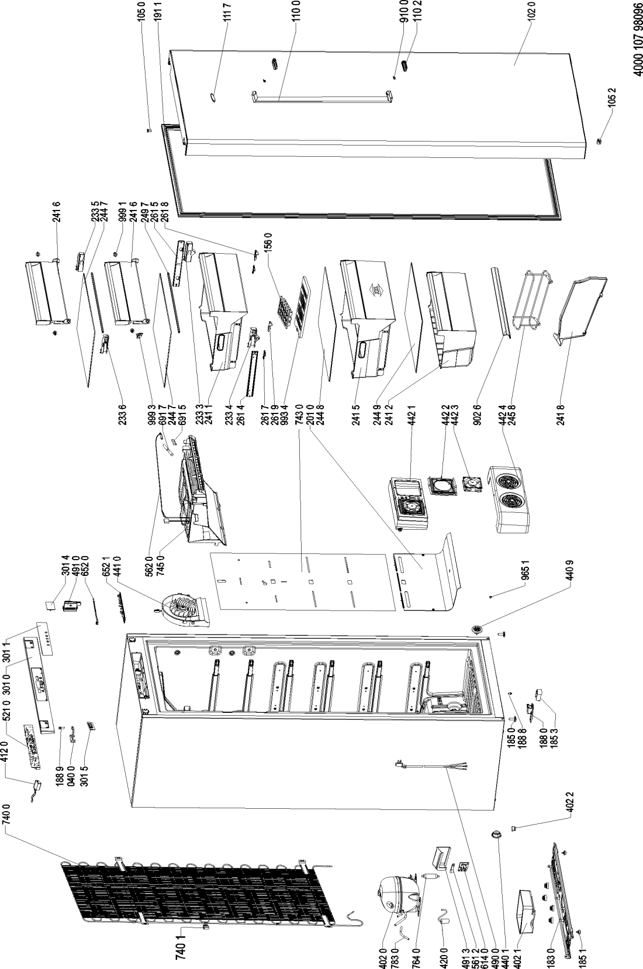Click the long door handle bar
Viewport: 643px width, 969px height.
[320, 96]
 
